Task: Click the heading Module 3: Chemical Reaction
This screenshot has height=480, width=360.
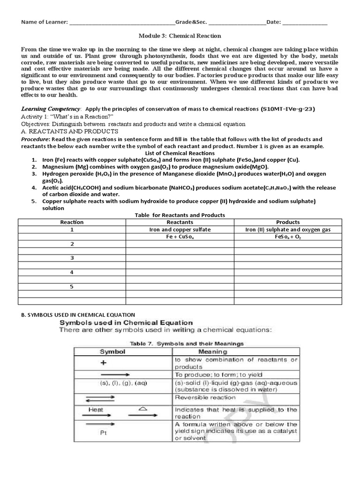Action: click(180, 36)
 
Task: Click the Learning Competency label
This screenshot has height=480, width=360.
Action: click(51, 109)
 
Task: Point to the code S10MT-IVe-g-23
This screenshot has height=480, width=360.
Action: click(288, 109)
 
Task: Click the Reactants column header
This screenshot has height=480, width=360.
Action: click(180, 222)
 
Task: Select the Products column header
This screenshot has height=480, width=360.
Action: click(288, 222)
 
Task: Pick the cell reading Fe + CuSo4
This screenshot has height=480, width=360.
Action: click(180, 237)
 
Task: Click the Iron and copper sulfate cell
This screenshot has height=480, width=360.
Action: click(180, 230)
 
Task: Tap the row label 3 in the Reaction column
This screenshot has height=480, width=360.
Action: click(72, 258)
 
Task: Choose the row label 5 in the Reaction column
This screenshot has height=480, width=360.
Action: click(72, 286)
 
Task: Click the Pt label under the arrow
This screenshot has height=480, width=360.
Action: click(104, 433)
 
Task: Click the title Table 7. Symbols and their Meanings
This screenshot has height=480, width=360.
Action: click(187, 344)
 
